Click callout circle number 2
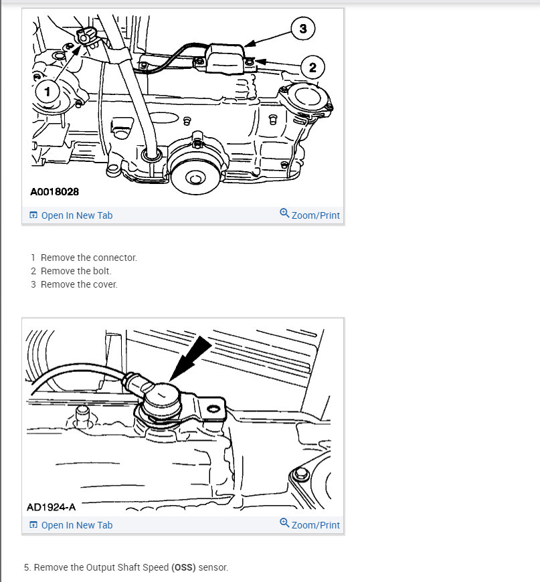click(x=312, y=67)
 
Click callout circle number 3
click(x=303, y=28)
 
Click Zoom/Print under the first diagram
click(x=315, y=215)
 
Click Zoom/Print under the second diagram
click(x=315, y=525)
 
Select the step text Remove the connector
click(x=88, y=258)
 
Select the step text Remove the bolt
click(x=76, y=271)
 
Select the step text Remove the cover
click(x=79, y=284)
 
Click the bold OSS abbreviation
click(x=183, y=567)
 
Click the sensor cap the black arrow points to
click(x=161, y=399)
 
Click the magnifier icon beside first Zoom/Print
click(x=284, y=214)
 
